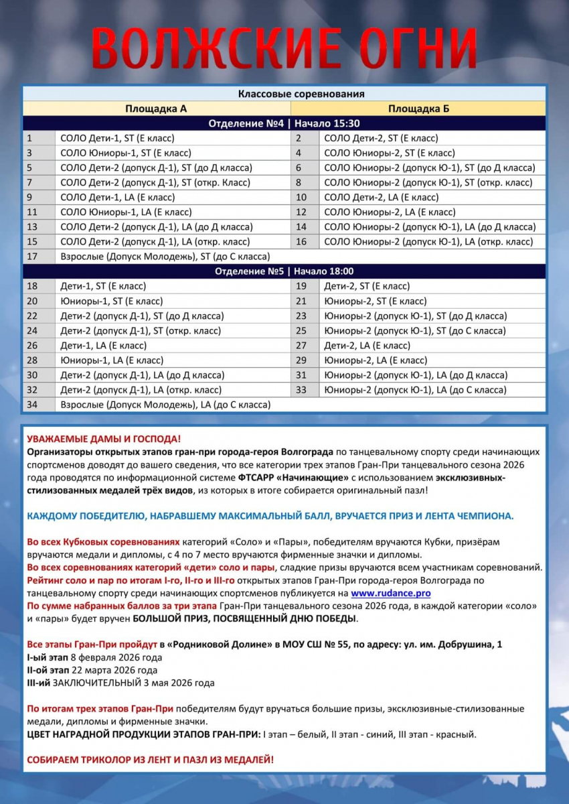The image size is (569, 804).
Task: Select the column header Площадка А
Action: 156,109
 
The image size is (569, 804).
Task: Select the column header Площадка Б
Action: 418,109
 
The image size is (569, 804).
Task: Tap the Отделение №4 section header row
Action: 284,123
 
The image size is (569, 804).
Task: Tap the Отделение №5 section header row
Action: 284,271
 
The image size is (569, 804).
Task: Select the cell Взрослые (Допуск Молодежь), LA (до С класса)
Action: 165,405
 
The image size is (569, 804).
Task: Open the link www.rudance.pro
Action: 390,593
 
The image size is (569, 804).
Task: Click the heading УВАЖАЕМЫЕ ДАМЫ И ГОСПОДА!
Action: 104,439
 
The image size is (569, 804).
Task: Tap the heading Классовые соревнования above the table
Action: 284,94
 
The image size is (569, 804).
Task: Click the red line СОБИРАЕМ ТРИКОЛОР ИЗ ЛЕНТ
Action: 150,760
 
